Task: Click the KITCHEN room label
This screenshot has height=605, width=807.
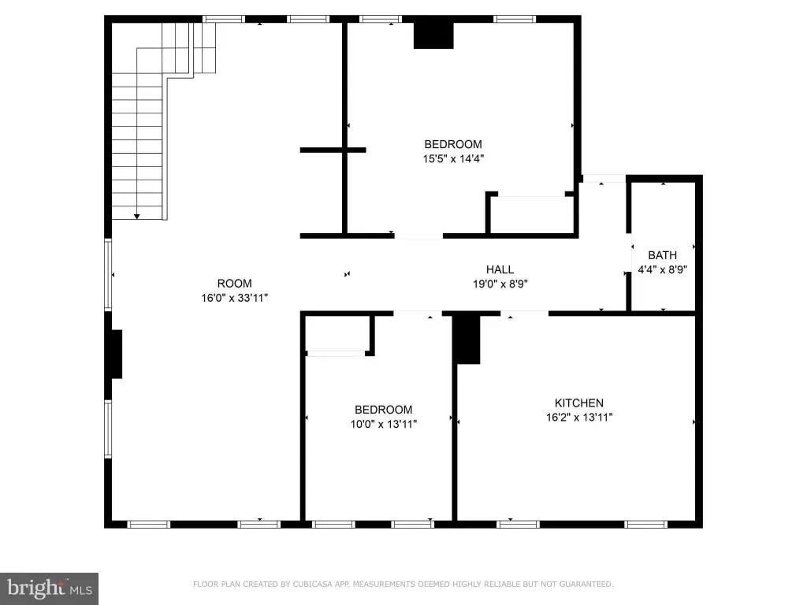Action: pos(579,403)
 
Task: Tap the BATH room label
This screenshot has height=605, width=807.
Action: pos(662,255)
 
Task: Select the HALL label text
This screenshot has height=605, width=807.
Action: pos(500,269)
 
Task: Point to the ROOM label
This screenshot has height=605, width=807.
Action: pos(234,284)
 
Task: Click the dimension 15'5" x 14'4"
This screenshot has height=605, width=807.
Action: pos(453,158)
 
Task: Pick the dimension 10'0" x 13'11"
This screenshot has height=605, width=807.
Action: pos(384,424)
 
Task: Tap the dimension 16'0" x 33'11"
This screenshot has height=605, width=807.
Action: pos(234,298)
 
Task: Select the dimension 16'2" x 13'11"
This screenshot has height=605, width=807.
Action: pos(579,418)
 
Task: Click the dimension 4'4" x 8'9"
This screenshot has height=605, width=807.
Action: pos(662,269)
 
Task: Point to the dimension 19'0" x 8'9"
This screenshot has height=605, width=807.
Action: pos(500,284)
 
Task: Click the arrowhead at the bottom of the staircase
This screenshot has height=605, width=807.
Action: pos(137,217)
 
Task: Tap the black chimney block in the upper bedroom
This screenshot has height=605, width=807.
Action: pos(433,35)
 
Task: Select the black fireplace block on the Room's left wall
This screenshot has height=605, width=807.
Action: pos(117,354)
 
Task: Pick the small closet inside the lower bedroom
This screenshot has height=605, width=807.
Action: pos(337,334)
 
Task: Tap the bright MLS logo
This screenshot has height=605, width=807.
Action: pos(49,588)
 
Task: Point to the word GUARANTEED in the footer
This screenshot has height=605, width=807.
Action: pos(586,584)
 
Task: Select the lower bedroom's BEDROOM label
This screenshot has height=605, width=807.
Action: pos(384,410)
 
